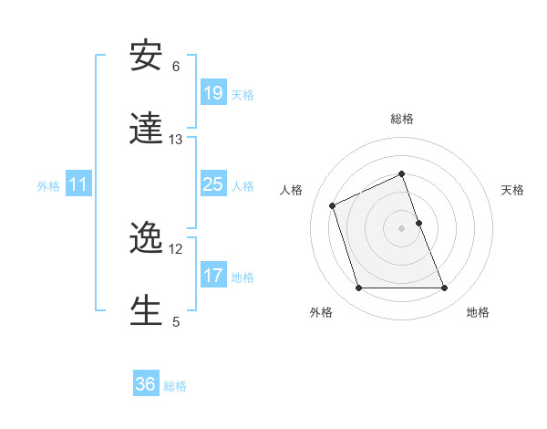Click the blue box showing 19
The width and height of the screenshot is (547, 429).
tap(212, 92)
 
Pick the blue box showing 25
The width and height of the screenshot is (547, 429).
tap(212, 184)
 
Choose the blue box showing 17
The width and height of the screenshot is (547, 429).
tap(212, 275)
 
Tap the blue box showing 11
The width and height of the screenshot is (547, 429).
tap(78, 184)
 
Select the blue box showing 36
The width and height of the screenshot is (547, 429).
tap(146, 384)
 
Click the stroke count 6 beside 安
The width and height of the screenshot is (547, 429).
tap(176, 67)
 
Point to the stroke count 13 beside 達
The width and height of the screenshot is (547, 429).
tap(176, 140)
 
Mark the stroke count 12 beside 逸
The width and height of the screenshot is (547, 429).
tap(176, 249)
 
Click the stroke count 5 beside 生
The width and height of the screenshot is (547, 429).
tap(176, 321)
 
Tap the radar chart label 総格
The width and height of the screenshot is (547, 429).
tap(402, 119)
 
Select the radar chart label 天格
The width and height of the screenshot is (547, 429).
tap(512, 190)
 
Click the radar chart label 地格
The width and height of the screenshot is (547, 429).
tap(478, 312)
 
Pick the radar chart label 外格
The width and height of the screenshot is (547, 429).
tap(321, 312)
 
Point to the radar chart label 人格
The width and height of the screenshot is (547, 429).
tap(292, 190)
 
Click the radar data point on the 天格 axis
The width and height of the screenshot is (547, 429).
tap(419, 223)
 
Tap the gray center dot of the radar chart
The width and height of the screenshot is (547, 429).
tap(402, 228)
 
